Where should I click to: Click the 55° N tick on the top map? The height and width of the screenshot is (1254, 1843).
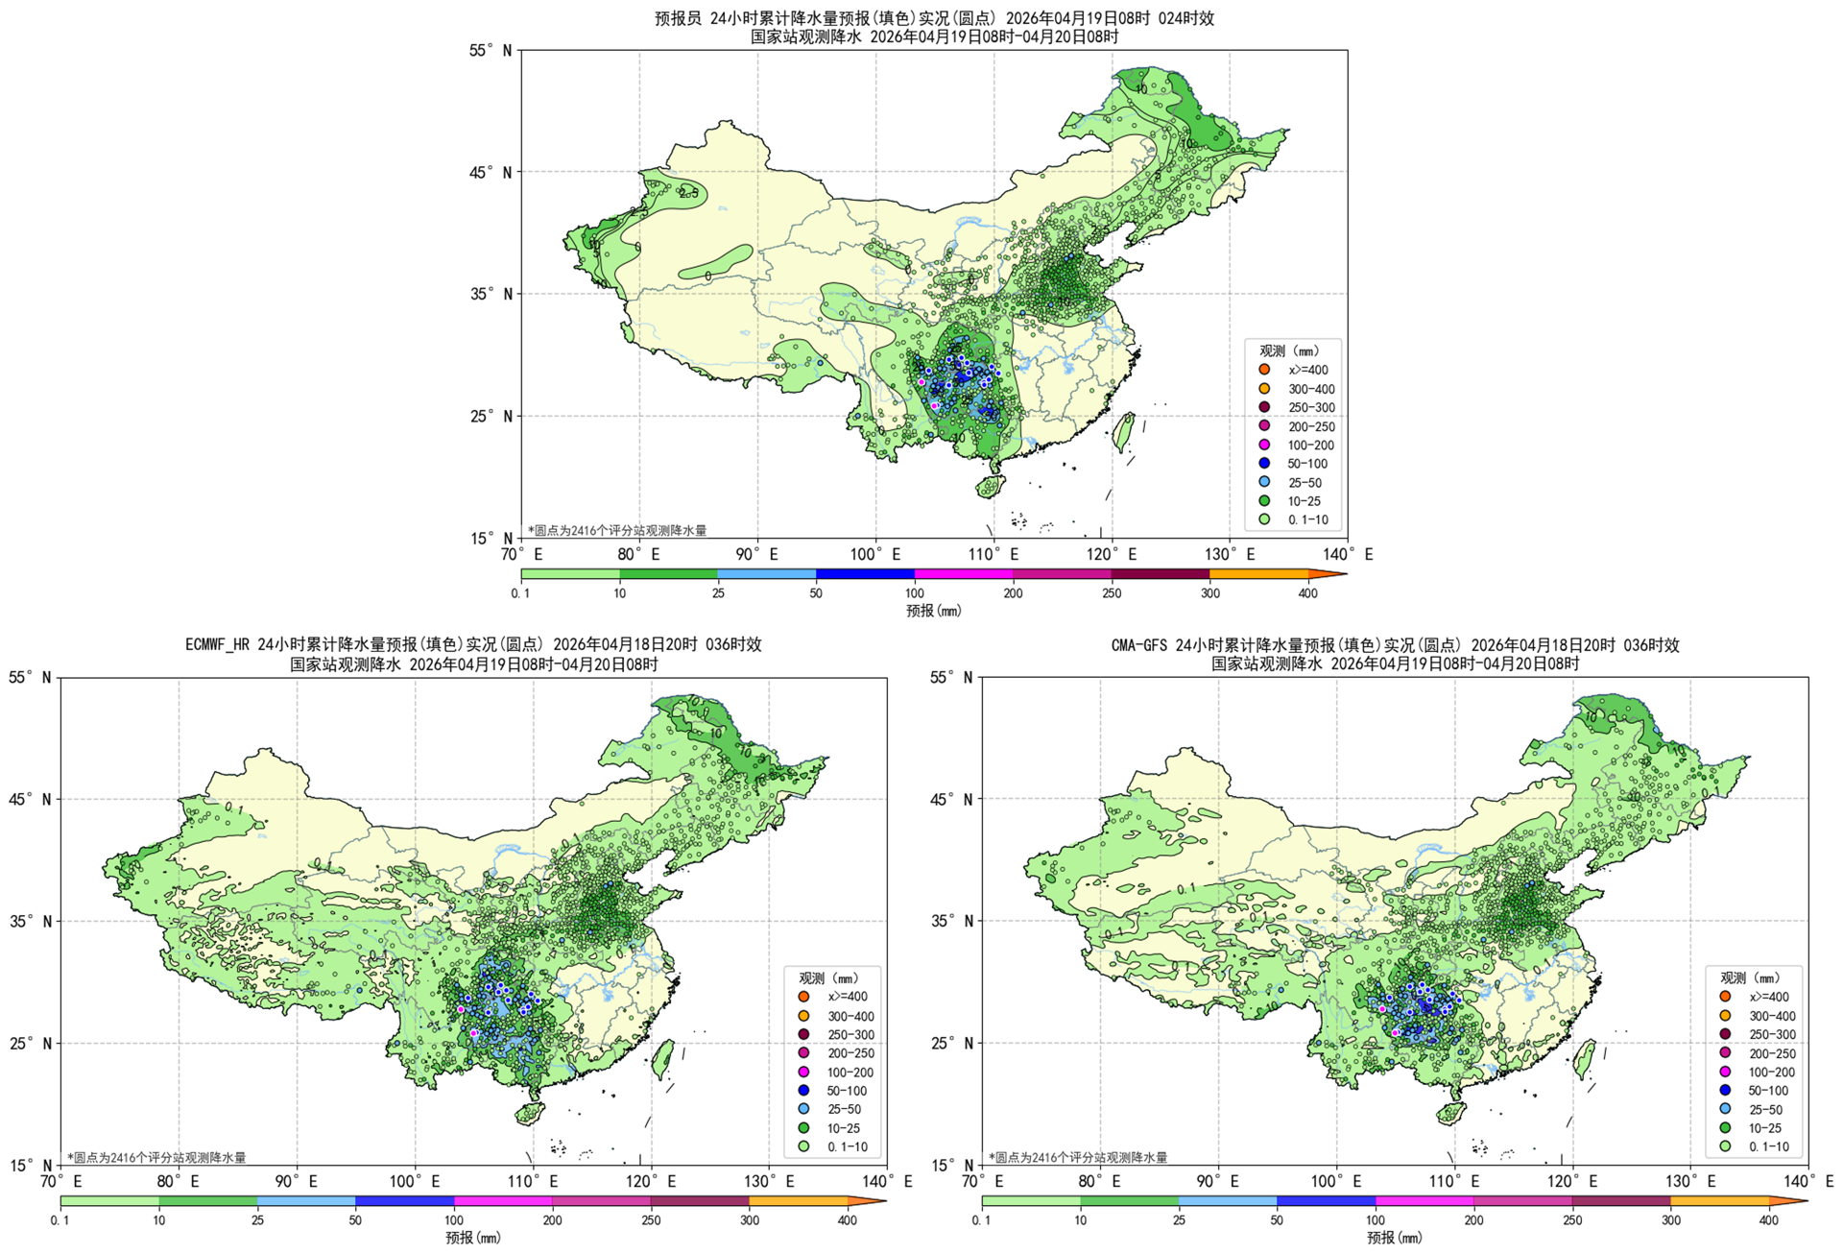click(491, 50)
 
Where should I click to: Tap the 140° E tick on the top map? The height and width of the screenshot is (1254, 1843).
click(1348, 554)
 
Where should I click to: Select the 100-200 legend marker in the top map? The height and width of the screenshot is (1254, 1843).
click(1264, 445)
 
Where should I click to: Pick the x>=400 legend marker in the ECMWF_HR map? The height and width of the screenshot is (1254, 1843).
click(803, 997)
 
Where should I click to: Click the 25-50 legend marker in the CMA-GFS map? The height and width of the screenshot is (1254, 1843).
click(1725, 1109)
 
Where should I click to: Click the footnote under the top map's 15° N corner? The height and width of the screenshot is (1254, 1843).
click(617, 530)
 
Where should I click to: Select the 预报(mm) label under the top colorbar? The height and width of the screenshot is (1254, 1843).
click(933, 611)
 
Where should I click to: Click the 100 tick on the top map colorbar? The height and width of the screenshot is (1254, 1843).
click(915, 593)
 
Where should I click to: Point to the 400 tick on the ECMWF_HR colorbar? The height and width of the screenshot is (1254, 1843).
click(848, 1220)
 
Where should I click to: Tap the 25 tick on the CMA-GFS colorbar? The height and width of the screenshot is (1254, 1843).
click(1179, 1220)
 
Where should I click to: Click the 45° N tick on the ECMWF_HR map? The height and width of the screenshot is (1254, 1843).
click(30, 799)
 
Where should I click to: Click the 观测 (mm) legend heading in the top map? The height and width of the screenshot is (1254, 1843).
click(1289, 350)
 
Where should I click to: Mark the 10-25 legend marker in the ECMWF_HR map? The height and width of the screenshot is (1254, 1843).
click(803, 1128)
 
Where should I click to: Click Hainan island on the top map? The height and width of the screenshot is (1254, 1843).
click(990, 487)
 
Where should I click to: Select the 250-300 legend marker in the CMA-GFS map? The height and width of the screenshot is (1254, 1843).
click(1725, 1034)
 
